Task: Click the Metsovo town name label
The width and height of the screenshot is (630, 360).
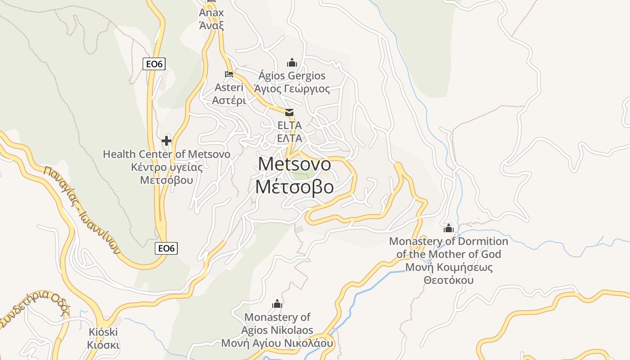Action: (x=294, y=164)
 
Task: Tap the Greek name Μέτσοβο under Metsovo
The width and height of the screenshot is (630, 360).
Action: (x=294, y=187)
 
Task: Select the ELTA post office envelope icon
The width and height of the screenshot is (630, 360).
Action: (x=289, y=112)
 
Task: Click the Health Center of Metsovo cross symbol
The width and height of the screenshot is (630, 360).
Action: (x=166, y=141)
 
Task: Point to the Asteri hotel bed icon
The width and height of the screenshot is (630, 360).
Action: (x=229, y=74)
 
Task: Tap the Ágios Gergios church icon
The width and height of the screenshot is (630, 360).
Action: (x=292, y=62)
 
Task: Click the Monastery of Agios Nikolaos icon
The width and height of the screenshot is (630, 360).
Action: (x=277, y=304)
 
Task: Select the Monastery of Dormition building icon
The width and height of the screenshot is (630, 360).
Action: (x=448, y=228)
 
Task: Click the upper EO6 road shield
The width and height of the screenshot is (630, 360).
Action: (x=154, y=64)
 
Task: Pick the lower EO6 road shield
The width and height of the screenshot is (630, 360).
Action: (x=166, y=248)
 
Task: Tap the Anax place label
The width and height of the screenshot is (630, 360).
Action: (x=211, y=13)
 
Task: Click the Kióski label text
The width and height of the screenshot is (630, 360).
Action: (x=103, y=333)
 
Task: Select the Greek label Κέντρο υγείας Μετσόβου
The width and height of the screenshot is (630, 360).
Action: (x=166, y=174)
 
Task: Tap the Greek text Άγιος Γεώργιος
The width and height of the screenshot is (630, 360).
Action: (x=292, y=89)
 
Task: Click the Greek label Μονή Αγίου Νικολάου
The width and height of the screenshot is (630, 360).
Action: (x=277, y=343)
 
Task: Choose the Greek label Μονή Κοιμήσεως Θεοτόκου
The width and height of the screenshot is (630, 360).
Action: (x=449, y=274)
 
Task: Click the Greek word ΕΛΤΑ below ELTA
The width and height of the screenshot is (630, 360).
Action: (x=289, y=138)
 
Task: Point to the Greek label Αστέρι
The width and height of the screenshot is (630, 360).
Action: (x=229, y=100)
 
